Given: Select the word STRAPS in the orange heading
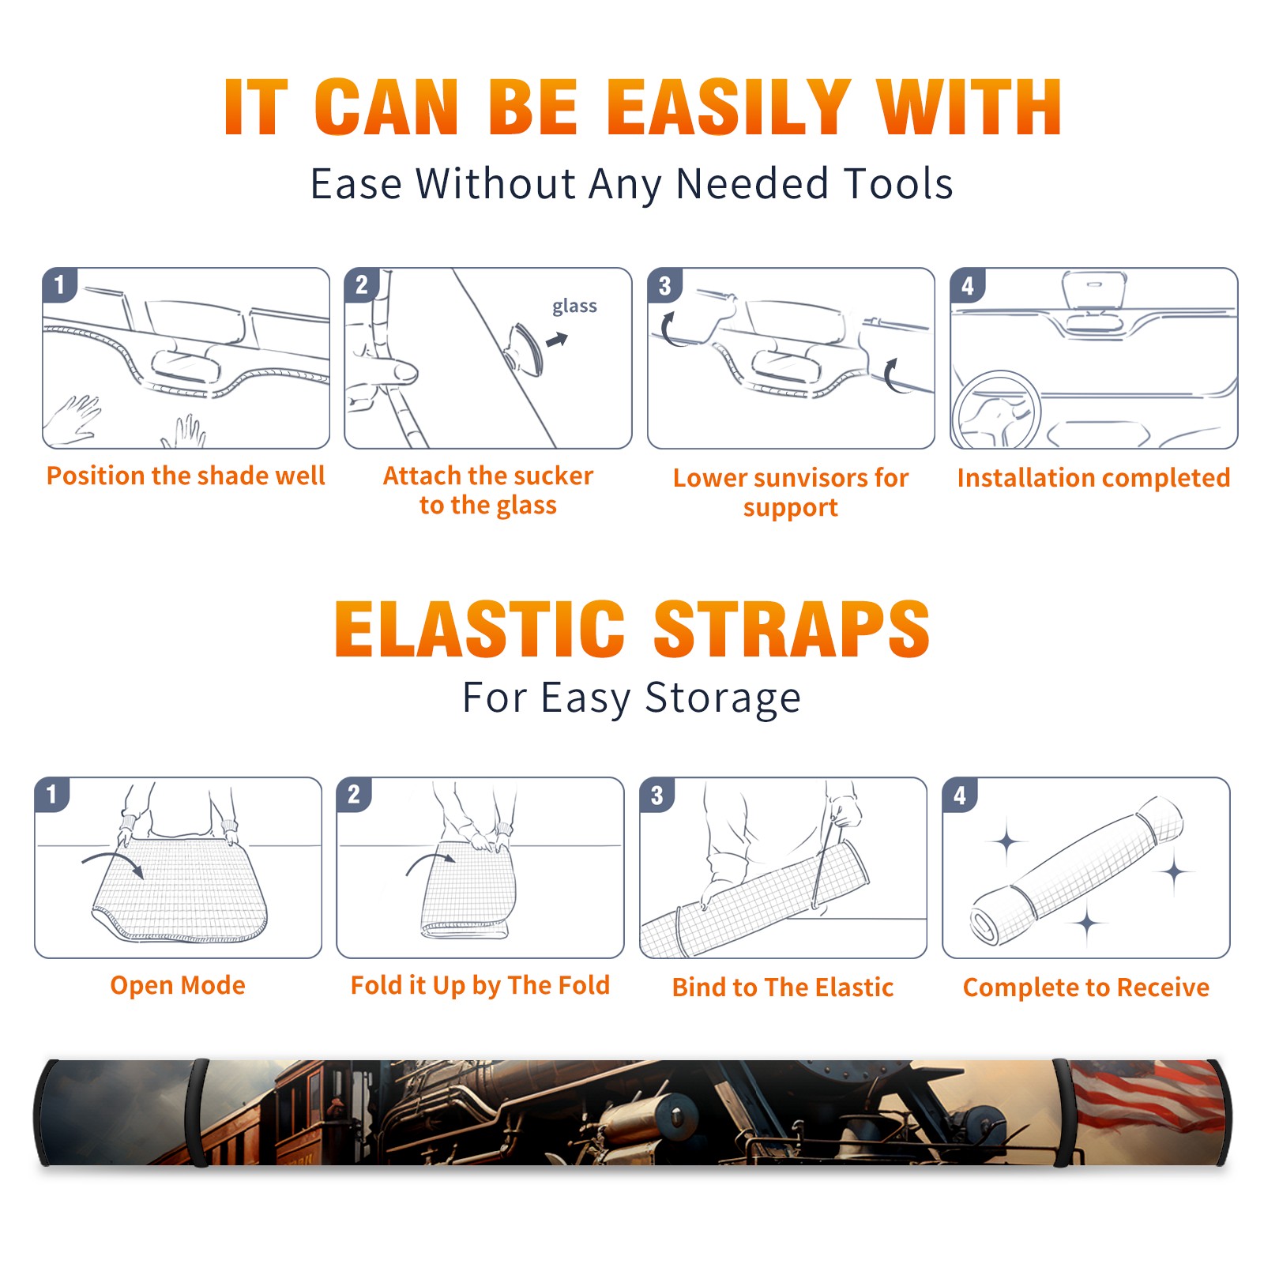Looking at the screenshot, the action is point(792,629).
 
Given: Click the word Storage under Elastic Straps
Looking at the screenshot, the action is point(723,698).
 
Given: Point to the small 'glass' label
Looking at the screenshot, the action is point(574,307).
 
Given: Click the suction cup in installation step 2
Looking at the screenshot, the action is point(525,348).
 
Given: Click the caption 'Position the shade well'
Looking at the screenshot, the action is point(186,476).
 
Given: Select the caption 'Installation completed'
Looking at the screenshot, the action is point(1093,478).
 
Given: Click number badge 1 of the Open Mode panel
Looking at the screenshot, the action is point(52,794).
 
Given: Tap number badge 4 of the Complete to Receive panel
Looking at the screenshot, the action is point(960,795).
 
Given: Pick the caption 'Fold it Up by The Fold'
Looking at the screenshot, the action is point(480,985).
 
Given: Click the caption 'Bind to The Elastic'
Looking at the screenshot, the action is point(783,987).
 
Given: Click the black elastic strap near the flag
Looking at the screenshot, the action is point(1062,1113).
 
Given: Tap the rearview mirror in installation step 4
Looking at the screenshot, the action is point(1094,290).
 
